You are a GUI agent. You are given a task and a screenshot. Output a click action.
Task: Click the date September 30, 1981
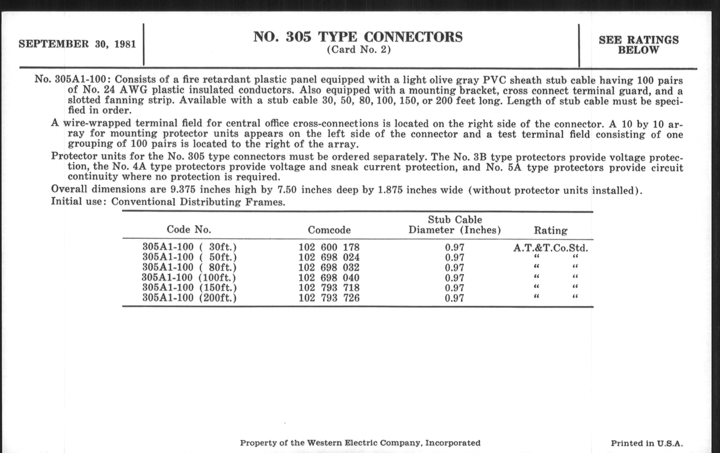77,44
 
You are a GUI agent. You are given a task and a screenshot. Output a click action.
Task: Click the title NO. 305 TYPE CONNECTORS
358,37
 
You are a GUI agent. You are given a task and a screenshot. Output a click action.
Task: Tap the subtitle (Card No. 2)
359,50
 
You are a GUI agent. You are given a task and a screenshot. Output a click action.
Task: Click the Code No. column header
189,229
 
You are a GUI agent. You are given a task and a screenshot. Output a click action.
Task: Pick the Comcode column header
329,230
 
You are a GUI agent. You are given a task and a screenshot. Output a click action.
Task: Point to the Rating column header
550,230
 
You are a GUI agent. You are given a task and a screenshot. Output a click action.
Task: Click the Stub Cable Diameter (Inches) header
454,225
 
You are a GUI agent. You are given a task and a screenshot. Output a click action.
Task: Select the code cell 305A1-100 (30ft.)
189,247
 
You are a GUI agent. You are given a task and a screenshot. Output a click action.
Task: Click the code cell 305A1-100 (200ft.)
189,298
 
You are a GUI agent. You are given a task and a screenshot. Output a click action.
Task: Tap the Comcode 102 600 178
329,247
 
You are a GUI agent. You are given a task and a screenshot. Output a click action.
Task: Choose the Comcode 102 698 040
329,278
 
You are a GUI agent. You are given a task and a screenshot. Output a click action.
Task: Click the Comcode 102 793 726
329,298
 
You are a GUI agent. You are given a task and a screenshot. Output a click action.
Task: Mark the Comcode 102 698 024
329,257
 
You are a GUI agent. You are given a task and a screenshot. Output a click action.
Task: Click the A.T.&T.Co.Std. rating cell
550,248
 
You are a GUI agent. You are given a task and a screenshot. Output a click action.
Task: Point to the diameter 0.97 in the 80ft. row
454,268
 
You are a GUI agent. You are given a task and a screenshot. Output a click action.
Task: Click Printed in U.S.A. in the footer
647,443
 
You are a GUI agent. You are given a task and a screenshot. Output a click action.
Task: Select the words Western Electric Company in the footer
363,443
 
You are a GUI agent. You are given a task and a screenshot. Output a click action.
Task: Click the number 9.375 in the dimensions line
183,189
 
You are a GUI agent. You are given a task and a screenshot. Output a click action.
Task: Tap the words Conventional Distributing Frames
198,202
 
